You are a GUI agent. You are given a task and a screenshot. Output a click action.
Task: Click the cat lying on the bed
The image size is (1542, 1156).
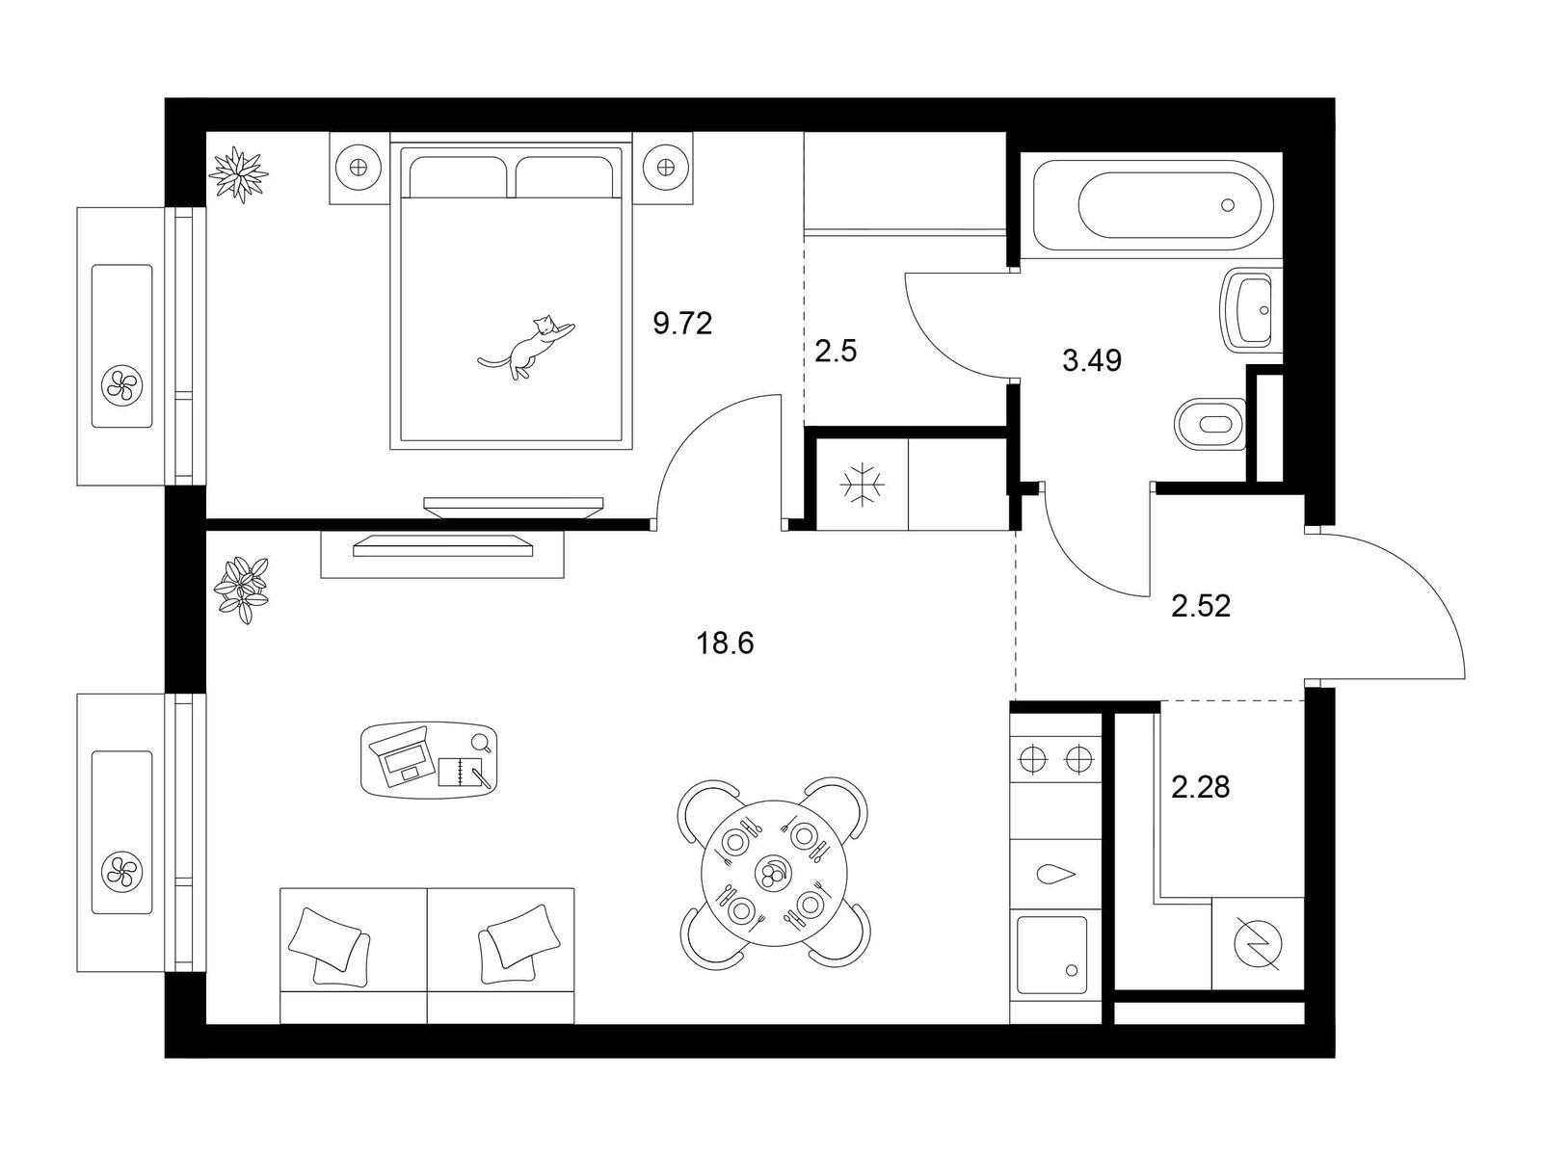pyautogui.click(x=528, y=346)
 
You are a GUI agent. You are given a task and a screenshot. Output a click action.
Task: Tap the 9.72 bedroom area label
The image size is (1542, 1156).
pyautogui.click(x=682, y=324)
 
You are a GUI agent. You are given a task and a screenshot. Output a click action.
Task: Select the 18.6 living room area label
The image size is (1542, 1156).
pyautogui.click(x=725, y=643)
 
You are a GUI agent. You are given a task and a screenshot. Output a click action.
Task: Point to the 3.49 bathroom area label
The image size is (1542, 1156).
pyautogui.click(x=1092, y=360)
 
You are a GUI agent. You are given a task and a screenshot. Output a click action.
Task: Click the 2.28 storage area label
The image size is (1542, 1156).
pyautogui.click(x=1201, y=787)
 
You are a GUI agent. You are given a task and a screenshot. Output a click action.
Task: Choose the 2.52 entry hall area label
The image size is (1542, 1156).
pyautogui.click(x=1201, y=607)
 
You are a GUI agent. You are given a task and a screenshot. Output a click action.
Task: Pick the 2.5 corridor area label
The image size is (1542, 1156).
pyautogui.click(x=836, y=351)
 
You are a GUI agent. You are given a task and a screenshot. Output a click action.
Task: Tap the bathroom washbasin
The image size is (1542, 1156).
pyautogui.click(x=1249, y=309)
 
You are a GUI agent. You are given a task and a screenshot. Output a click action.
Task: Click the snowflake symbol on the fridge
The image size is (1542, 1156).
pyautogui.click(x=862, y=485)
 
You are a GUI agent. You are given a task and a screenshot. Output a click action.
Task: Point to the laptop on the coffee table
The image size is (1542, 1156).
pyautogui.click(x=400, y=756)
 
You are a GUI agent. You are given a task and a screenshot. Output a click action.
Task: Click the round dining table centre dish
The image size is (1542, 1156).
pyautogui.click(x=774, y=874)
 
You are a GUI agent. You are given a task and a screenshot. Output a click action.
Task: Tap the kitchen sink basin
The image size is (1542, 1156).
pyautogui.click(x=1051, y=955)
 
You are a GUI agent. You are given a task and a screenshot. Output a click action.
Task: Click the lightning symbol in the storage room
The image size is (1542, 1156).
pyautogui.click(x=1259, y=944)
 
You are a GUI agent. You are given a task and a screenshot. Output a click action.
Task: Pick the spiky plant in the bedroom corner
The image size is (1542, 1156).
pyautogui.click(x=239, y=174)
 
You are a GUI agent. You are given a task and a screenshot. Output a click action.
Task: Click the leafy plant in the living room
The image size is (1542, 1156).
pyautogui.click(x=242, y=590)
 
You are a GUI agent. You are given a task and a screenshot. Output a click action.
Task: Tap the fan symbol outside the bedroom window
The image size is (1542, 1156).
pyautogui.click(x=121, y=384)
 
